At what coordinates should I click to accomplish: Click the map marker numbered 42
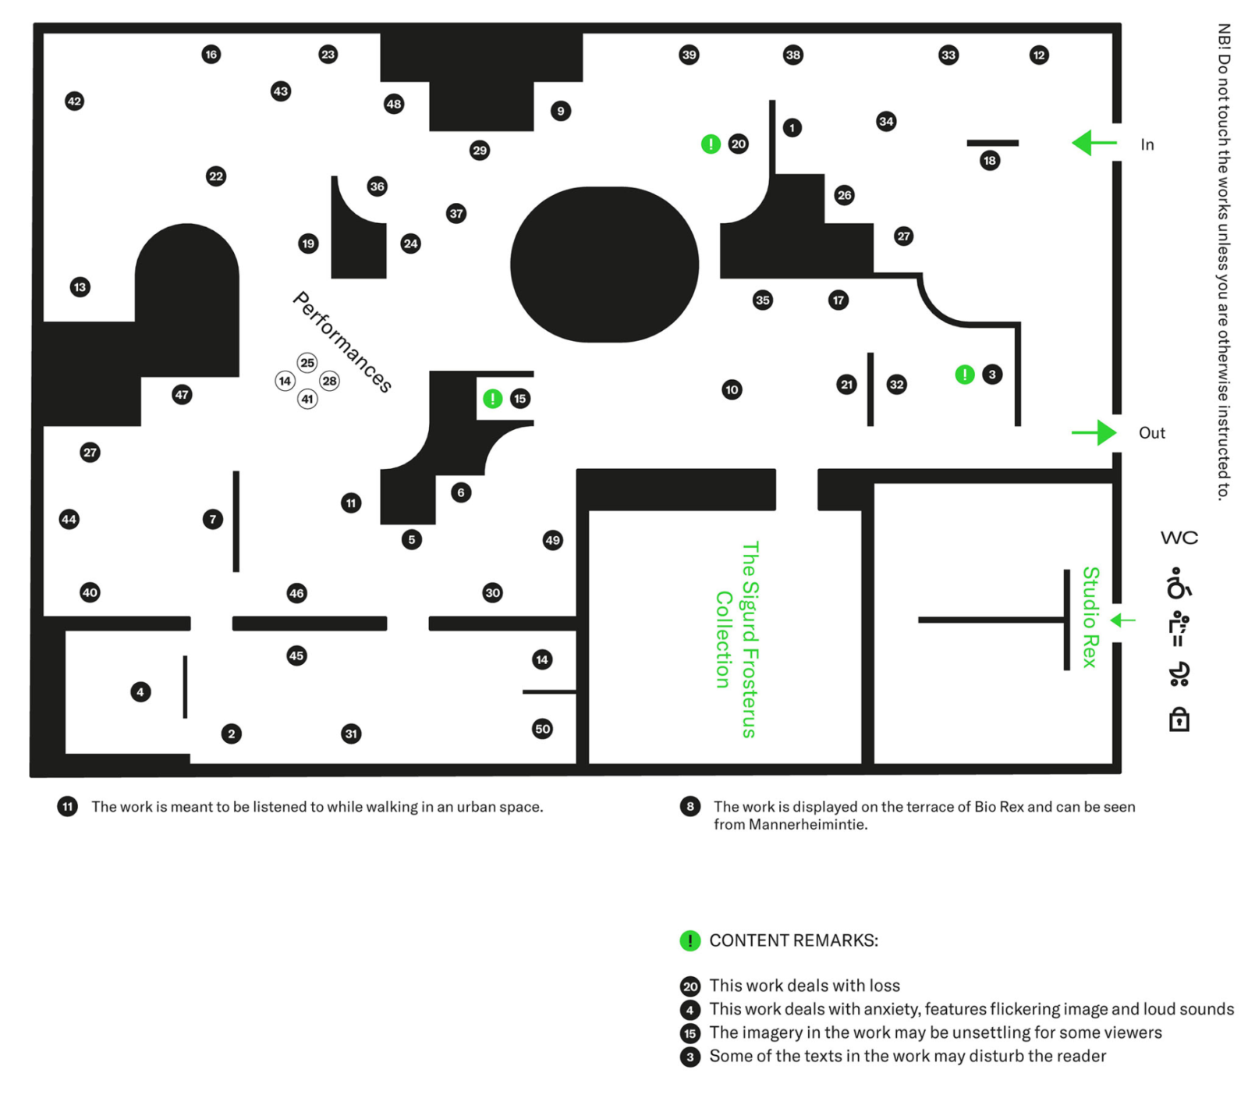(x=74, y=101)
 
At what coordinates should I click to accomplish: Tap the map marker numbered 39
(x=689, y=55)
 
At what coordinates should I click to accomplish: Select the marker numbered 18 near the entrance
(x=990, y=161)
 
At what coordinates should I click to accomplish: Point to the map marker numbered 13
(x=80, y=287)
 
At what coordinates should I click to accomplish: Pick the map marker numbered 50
(x=542, y=729)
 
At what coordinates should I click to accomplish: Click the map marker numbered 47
(x=182, y=395)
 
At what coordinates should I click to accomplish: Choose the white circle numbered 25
(x=307, y=363)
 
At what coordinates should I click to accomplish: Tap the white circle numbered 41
(x=307, y=400)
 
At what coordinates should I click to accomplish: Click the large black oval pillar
(x=604, y=265)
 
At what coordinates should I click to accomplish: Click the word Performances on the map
(x=342, y=342)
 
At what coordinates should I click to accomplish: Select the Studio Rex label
(x=1090, y=617)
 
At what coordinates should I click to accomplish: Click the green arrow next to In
(x=1094, y=143)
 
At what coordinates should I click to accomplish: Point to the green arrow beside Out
(x=1094, y=432)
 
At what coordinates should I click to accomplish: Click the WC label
(x=1179, y=538)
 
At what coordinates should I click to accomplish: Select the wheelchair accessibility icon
(x=1179, y=583)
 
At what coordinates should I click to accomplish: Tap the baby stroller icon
(x=1179, y=673)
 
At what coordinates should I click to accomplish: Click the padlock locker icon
(x=1179, y=719)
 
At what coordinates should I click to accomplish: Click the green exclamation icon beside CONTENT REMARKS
(x=690, y=940)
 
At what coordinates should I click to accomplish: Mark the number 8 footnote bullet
(x=690, y=806)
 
